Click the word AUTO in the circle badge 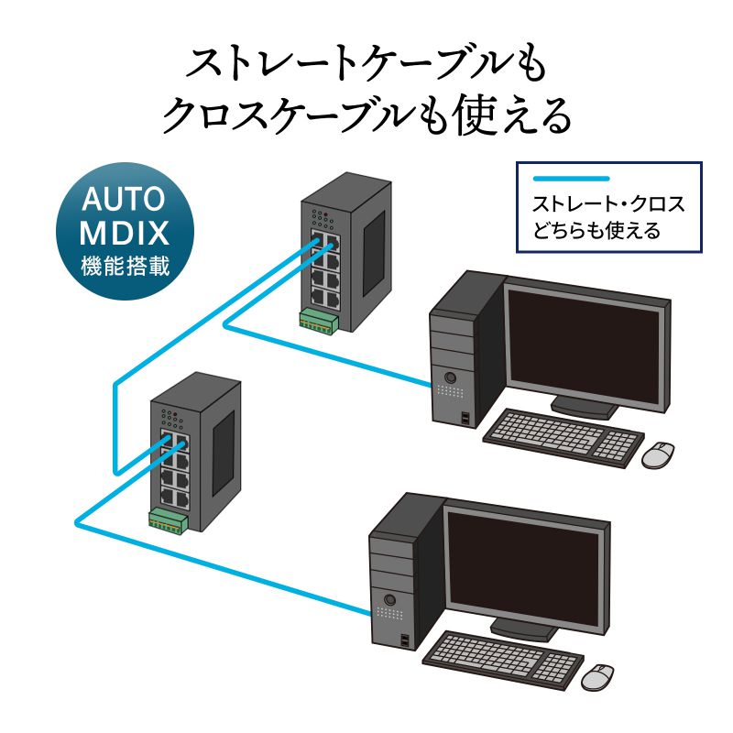[x=124, y=199]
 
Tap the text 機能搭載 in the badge [x=124, y=265]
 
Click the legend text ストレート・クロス [x=608, y=203]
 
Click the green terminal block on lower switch [x=169, y=521]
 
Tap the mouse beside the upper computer [x=657, y=454]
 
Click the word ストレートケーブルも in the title [x=366, y=64]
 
